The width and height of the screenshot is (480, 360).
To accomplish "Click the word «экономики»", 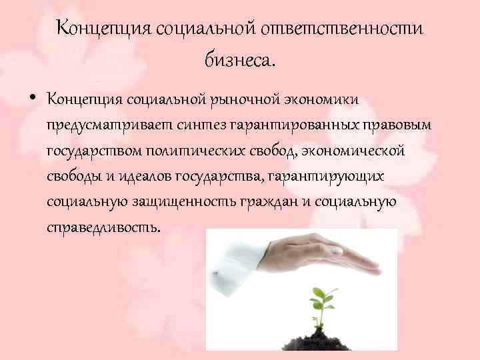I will coord(325,100).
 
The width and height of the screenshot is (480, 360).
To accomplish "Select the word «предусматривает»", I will coord(107,125).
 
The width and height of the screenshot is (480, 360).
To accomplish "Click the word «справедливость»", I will coord(103,227).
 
